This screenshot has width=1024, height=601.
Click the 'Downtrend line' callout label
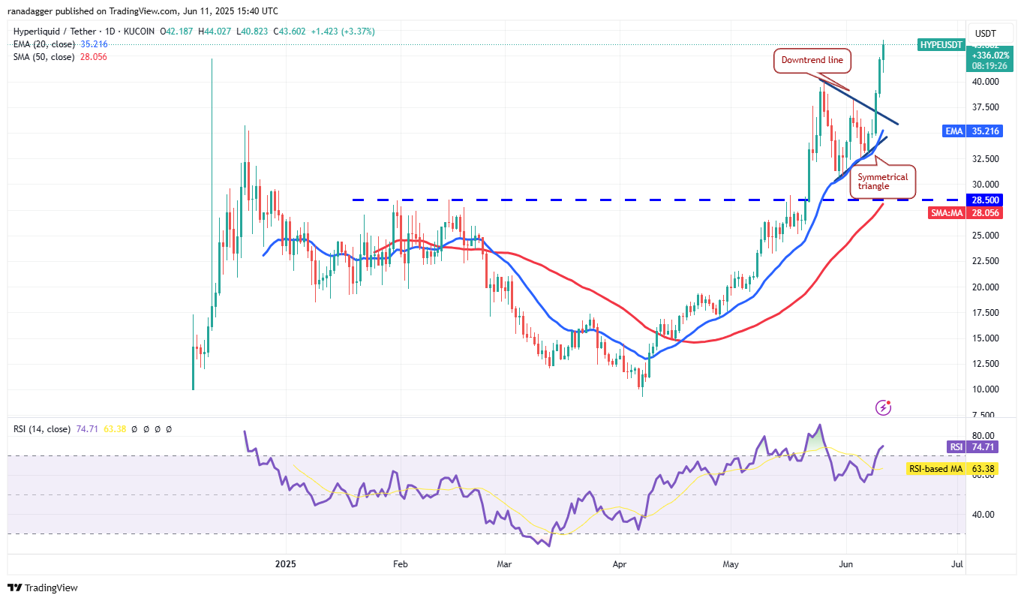point(812,60)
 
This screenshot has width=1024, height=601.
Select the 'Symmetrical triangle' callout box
point(883,182)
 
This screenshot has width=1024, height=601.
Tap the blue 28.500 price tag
point(985,200)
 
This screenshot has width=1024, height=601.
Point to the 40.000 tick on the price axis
point(985,82)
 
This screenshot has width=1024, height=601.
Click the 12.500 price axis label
point(985,364)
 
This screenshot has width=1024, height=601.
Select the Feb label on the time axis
point(400,563)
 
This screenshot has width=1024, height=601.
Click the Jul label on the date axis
point(957,563)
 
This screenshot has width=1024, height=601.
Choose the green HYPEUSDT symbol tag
point(941,45)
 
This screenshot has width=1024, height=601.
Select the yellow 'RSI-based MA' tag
point(935,469)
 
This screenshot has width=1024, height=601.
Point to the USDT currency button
point(985,33)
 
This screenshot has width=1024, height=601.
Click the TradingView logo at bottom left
point(43,587)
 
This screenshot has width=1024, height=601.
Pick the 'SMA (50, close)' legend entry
point(44,56)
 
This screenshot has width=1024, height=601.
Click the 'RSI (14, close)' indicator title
point(41,429)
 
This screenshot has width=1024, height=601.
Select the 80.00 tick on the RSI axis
point(985,436)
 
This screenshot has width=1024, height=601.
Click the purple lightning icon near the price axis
point(884,407)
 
